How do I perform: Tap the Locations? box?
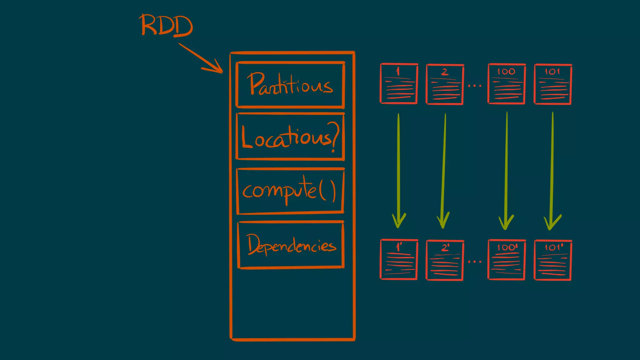(x=290, y=137)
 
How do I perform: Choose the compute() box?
(x=290, y=191)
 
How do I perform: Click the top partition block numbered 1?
(x=399, y=84)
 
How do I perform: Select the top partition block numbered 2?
(x=445, y=84)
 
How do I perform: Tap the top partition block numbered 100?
(x=507, y=84)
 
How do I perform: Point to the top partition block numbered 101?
(x=553, y=84)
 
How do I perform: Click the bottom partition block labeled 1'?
(x=399, y=259)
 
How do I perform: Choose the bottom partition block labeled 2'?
(x=445, y=260)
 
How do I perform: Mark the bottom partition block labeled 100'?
(x=507, y=259)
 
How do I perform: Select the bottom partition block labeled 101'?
(x=553, y=260)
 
